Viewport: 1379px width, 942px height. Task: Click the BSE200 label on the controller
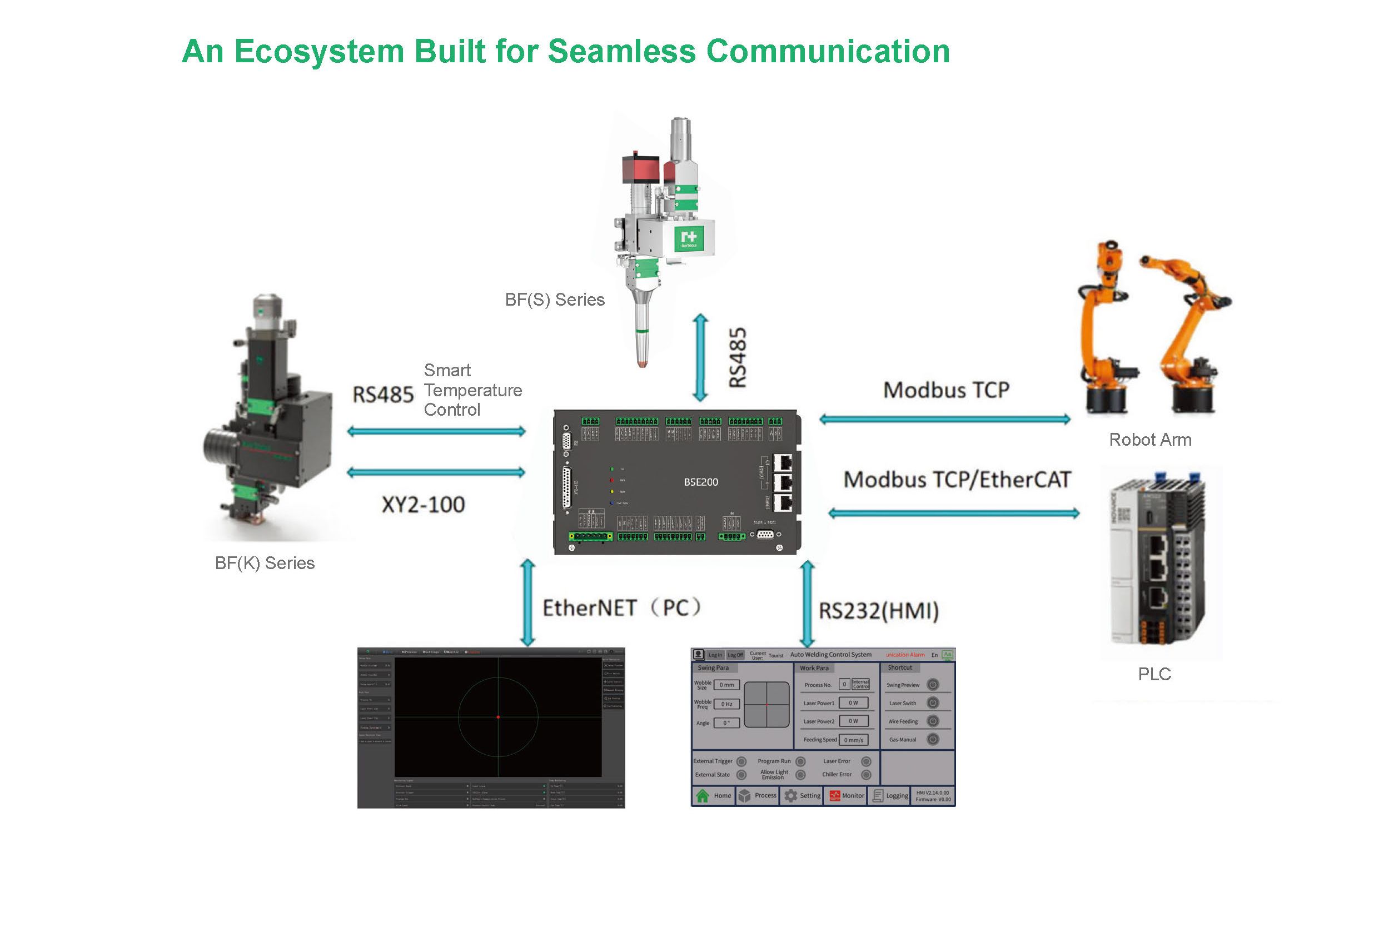pos(701,482)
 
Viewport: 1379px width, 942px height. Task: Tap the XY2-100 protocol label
pos(423,505)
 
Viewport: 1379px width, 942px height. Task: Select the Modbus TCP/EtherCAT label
pos(957,479)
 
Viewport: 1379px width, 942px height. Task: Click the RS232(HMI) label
pos(879,611)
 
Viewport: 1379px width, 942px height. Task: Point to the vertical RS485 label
pos(738,358)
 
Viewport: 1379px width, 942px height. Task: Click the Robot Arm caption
pos(1150,440)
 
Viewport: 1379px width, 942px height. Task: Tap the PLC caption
pos(1154,674)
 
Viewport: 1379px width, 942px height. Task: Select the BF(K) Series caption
pos(265,563)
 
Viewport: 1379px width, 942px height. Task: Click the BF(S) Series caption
pos(555,300)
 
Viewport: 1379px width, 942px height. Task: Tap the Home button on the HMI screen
pos(714,795)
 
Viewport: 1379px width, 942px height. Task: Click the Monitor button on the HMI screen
pos(847,795)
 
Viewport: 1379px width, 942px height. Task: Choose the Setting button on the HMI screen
pos(802,795)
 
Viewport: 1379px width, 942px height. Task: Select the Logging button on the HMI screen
pos(890,795)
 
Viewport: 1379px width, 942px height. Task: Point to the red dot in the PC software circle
pos(498,717)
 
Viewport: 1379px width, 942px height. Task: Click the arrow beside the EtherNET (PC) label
pos(527,602)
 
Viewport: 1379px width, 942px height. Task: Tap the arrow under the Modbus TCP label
pos(945,420)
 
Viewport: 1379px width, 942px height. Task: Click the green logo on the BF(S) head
pos(689,238)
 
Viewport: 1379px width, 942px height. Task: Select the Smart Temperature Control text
pos(472,390)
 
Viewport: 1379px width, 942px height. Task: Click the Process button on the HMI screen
pos(757,795)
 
